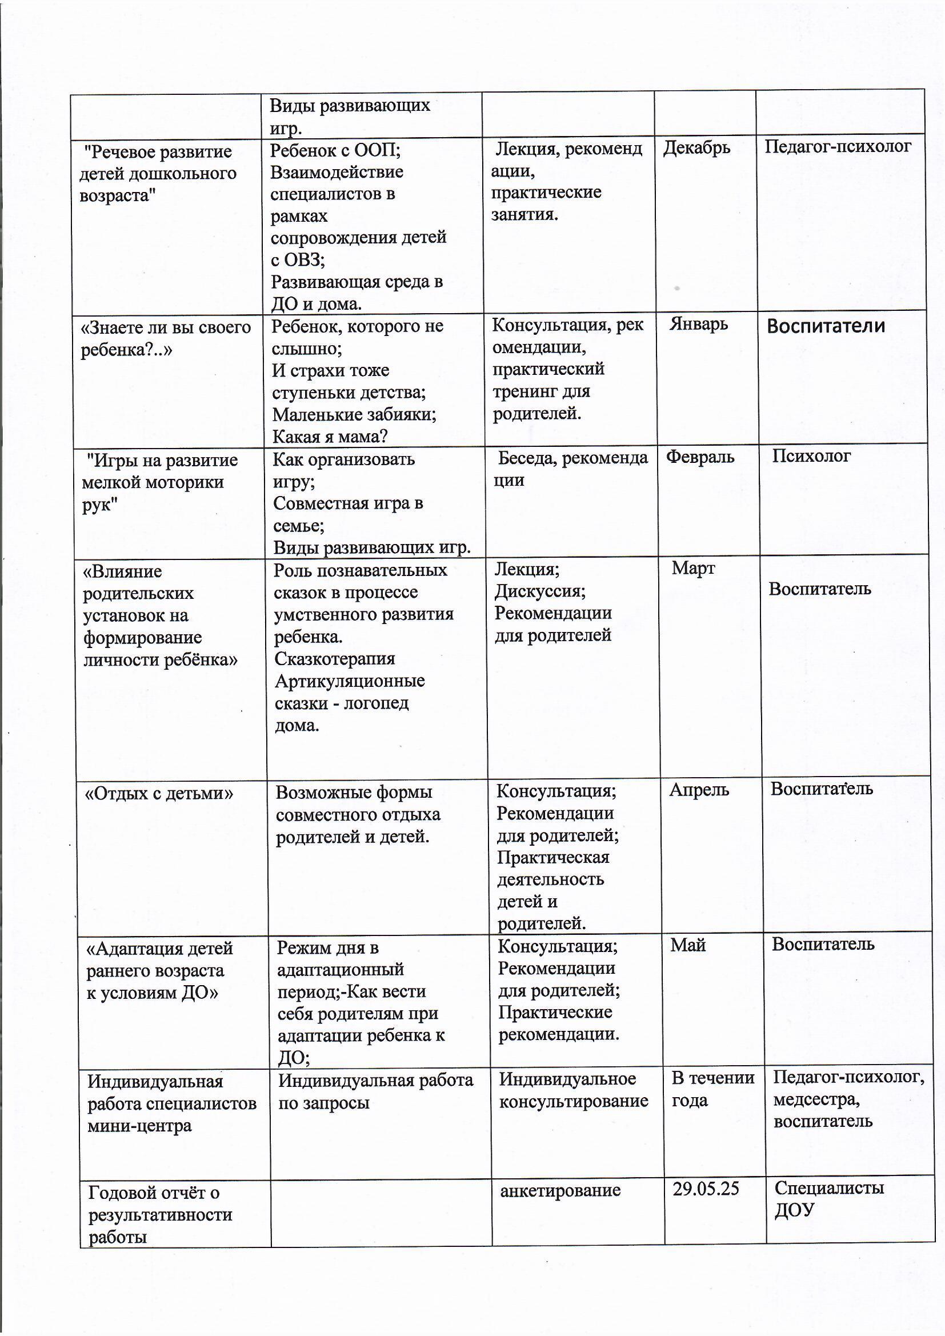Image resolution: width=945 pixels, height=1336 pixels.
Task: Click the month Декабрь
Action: coord(696,148)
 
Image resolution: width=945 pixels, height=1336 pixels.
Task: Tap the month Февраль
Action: coord(700,457)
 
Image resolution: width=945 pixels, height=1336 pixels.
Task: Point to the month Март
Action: coord(693,568)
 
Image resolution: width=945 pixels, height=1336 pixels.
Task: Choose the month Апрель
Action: coord(699,790)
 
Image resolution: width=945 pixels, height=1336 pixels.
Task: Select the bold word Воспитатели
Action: coord(826,326)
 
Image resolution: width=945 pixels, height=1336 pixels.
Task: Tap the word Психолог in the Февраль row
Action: coord(811,455)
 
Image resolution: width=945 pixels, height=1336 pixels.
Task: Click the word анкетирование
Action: coord(560,1190)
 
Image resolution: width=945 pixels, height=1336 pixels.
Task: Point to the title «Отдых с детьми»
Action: coord(159,793)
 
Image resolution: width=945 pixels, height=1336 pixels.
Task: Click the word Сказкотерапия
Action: coord(335,659)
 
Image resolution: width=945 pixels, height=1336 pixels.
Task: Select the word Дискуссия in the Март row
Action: coord(540,591)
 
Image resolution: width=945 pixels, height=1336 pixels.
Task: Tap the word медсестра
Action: coord(816,1100)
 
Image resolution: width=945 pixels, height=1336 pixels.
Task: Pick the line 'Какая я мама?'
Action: coord(330,437)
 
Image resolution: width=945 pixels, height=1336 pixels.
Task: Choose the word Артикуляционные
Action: coord(350,681)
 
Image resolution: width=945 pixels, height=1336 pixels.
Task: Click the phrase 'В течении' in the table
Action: coord(713,1078)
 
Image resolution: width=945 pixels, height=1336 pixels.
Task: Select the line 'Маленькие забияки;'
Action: coord(354,414)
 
